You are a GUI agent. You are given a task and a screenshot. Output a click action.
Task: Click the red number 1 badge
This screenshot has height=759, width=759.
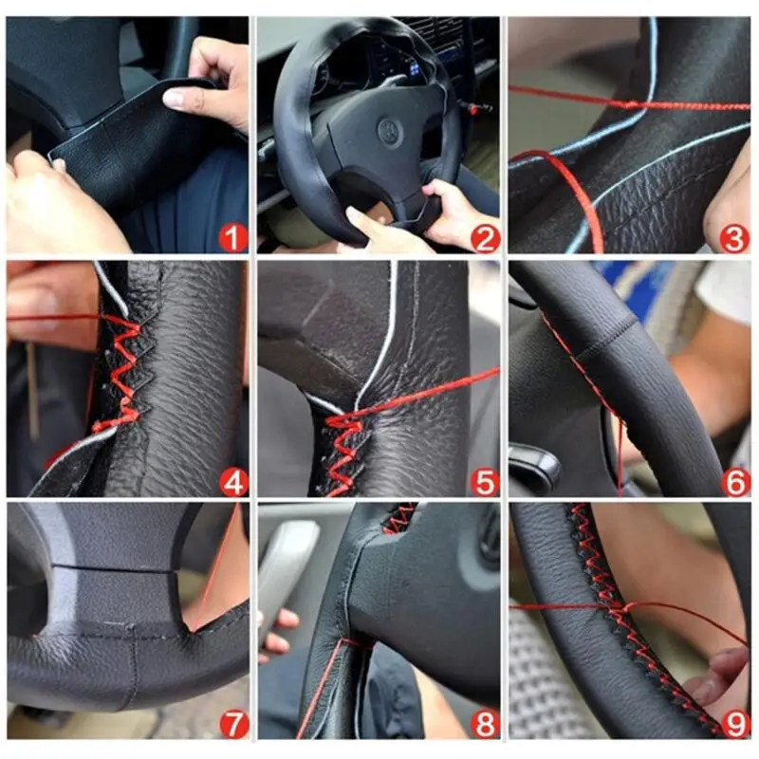point(232,238)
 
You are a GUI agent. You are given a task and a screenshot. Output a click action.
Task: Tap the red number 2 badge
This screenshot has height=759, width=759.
point(484,238)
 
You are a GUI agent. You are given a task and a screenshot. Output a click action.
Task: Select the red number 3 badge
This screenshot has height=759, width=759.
point(734,238)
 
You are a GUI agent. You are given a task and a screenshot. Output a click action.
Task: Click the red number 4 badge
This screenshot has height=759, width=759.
point(233,482)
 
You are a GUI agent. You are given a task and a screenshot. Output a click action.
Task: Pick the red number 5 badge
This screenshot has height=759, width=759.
point(484,482)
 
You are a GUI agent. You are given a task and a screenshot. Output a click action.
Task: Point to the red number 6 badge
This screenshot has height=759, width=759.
point(735,482)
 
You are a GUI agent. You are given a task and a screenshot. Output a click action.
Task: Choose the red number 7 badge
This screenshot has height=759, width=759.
point(234,725)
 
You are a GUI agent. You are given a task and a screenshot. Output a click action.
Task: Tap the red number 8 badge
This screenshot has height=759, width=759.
point(485,725)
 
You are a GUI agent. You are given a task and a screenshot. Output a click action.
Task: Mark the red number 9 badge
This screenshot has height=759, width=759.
point(735,725)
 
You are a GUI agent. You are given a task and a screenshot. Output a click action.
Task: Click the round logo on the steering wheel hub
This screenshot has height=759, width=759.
point(390,131)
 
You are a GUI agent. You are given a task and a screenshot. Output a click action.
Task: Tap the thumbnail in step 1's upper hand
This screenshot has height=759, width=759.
point(176,98)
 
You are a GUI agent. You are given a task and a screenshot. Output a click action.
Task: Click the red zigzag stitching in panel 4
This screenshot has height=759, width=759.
point(121,373)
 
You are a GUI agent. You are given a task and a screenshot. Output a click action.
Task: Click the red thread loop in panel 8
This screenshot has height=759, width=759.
point(356,644)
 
